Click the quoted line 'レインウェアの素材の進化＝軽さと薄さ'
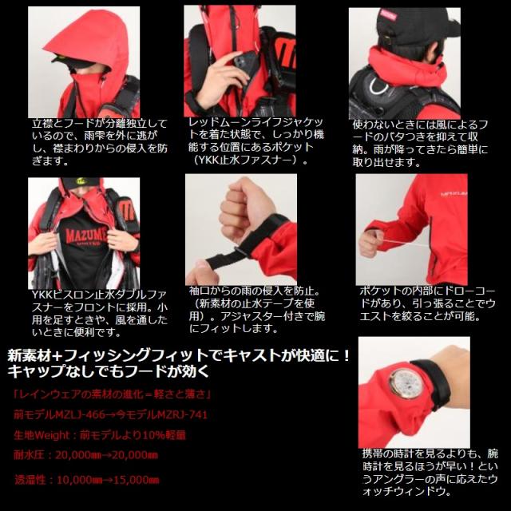click(100, 394)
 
